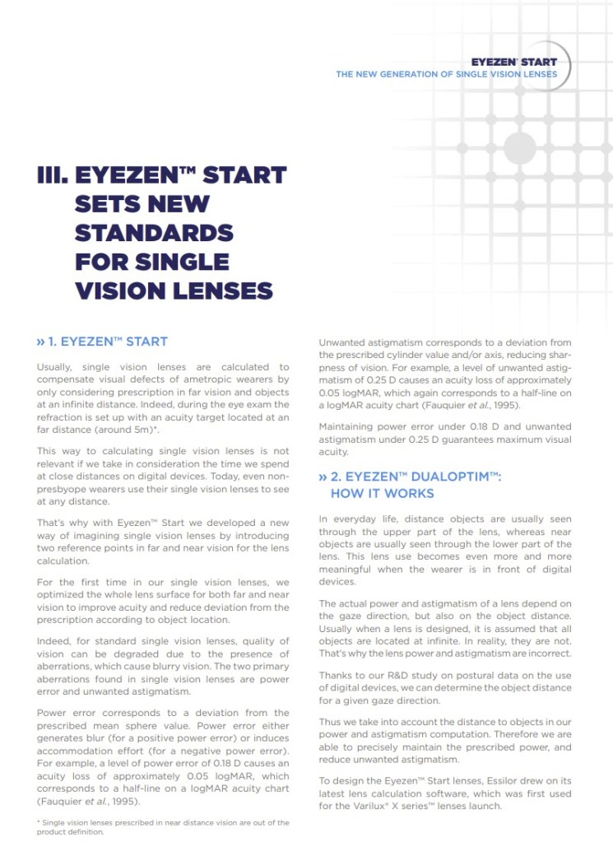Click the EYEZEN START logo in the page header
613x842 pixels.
coord(513,62)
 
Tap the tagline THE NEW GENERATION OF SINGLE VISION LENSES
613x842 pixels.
coord(446,74)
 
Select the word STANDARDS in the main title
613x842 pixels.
coord(154,233)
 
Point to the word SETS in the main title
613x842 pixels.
coord(106,204)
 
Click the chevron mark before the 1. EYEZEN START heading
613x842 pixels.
coord(41,342)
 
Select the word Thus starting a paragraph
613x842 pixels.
coord(330,722)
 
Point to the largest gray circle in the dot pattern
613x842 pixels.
coord(519,148)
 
